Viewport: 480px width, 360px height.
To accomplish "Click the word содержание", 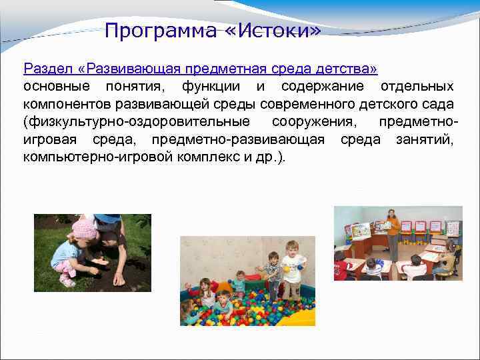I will (323, 87).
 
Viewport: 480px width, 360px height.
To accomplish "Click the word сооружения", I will (313, 121).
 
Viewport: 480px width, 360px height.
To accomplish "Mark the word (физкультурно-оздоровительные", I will (137, 121).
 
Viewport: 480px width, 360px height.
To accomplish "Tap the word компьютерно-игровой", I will (91, 157).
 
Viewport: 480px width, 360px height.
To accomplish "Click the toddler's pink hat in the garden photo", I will (84, 229).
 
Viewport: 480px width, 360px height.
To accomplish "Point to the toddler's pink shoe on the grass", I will (67, 281).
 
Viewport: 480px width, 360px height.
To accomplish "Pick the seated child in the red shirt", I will (342, 268).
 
